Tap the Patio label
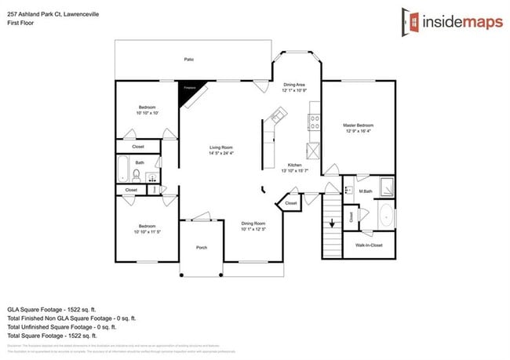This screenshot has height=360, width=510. (188, 60)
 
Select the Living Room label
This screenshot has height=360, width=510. (220, 147)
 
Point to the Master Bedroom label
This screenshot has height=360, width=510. (358, 125)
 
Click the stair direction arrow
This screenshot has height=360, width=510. (333, 222)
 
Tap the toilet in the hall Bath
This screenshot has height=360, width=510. (137, 174)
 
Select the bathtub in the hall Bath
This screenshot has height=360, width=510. (122, 169)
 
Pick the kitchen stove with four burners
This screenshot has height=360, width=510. (315, 122)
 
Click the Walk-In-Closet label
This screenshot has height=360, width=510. (369, 245)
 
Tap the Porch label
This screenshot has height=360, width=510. (201, 247)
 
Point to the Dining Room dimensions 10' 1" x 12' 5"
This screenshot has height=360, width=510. (253, 229)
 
